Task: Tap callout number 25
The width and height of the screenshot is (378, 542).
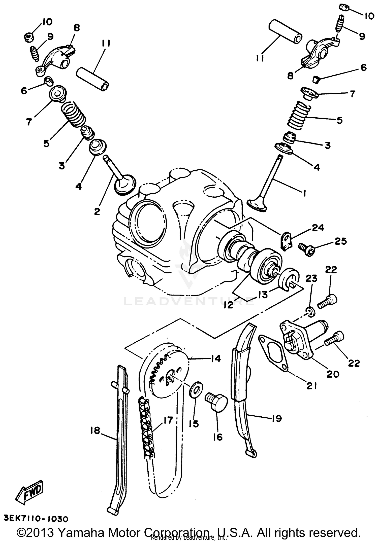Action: click(x=340, y=241)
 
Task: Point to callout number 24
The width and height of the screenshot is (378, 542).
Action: click(x=318, y=228)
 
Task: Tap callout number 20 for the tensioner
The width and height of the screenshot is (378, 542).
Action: click(x=333, y=374)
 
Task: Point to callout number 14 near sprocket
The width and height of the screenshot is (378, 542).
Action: click(x=215, y=358)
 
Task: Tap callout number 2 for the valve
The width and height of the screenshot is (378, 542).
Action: click(x=97, y=211)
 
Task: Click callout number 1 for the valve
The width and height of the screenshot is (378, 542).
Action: click(x=304, y=193)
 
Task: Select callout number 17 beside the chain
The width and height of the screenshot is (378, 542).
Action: click(x=168, y=420)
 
